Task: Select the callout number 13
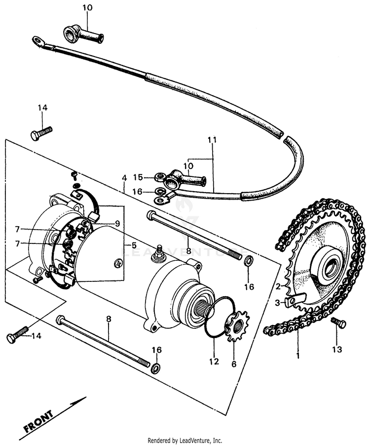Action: click(x=337, y=349)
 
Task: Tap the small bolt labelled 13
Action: click(x=339, y=323)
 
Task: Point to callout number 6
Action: click(x=234, y=364)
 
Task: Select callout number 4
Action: click(x=124, y=177)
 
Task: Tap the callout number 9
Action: click(x=117, y=223)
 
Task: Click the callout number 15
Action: click(x=138, y=177)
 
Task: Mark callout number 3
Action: click(x=278, y=302)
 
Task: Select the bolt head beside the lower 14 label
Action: click(x=12, y=338)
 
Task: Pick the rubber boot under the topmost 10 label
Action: click(x=82, y=35)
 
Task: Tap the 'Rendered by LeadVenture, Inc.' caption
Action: click(x=185, y=440)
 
